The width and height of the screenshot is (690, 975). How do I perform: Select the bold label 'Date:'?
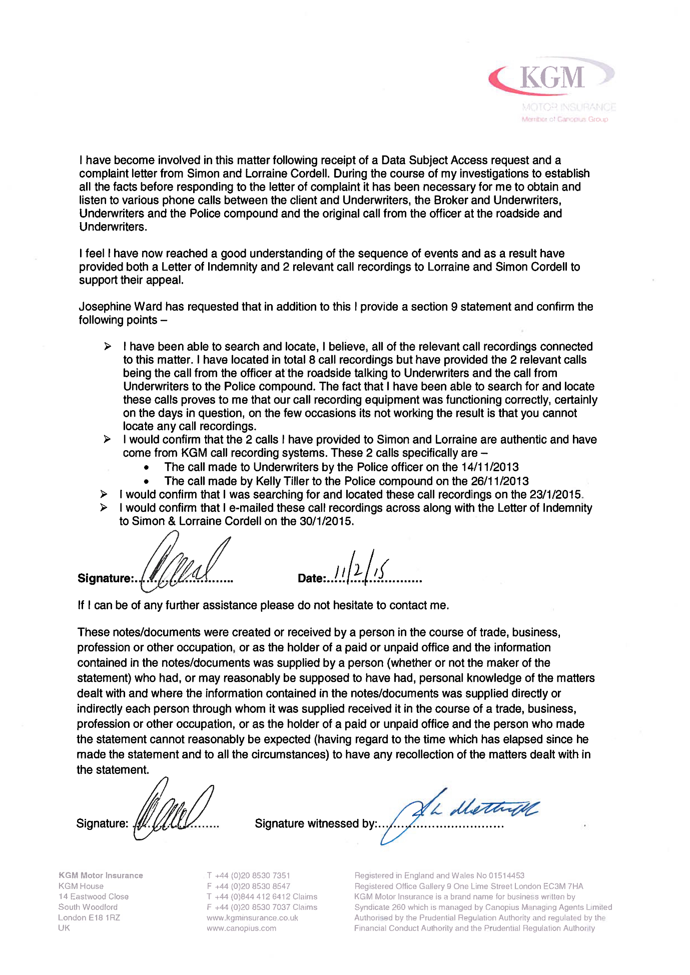click(311, 579)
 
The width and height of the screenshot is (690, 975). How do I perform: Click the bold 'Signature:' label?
click(105, 579)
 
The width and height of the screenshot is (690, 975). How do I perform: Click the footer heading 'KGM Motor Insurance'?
click(101, 875)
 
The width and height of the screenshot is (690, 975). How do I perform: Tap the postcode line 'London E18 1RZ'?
click(89, 917)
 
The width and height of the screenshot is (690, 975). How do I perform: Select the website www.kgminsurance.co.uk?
click(252, 918)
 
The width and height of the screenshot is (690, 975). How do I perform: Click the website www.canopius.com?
click(241, 928)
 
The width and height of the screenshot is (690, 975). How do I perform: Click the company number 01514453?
click(506, 875)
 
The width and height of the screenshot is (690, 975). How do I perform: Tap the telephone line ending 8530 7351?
click(249, 875)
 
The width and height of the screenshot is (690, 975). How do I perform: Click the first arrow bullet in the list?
click(108, 347)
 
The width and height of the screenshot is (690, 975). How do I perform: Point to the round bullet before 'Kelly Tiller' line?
click(146, 482)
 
